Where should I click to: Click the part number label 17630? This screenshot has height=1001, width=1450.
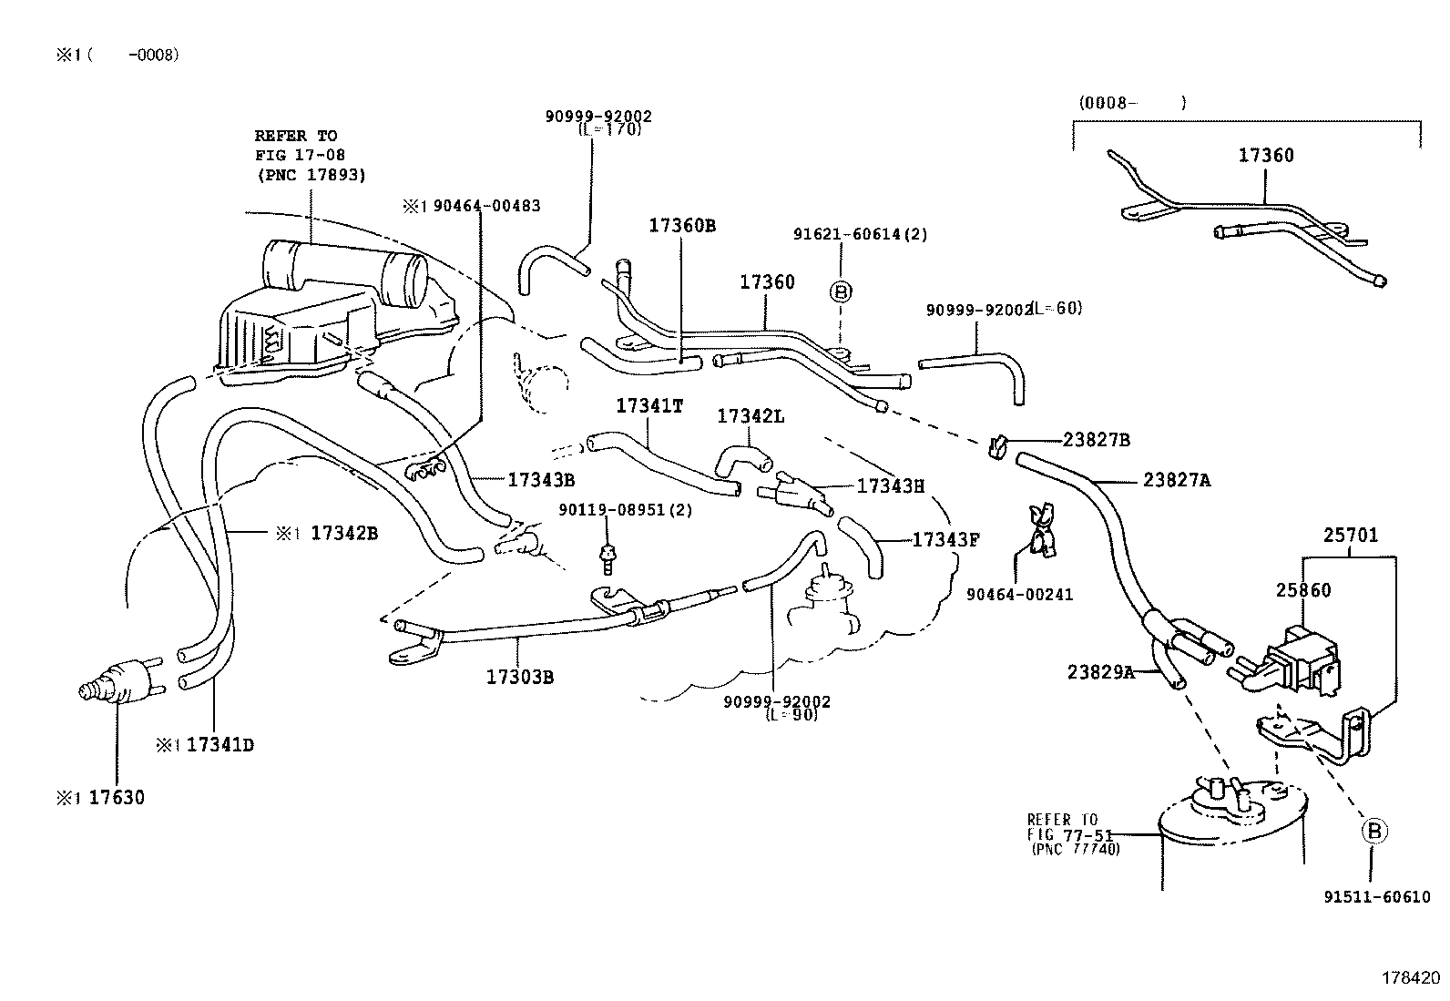click(x=116, y=798)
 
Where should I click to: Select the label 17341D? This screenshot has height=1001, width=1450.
click(x=220, y=745)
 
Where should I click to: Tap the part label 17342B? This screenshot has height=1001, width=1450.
click(x=343, y=533)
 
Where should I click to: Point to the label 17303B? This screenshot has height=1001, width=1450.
click(x=519, y=676)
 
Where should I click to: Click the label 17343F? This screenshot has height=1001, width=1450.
click(x=945, y=539)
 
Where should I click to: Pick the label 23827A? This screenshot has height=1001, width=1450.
click(x=1177, y=480)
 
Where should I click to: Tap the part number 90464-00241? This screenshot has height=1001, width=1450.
click(x=1019, y=595)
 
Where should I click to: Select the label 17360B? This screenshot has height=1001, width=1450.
click(x=681, y=225)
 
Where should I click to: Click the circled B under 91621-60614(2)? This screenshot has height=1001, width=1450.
click(x=841, y=291)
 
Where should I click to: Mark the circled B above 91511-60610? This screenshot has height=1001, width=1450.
click(x=1374, y=831)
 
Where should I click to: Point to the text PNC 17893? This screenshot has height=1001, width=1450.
click(x=312, y=175)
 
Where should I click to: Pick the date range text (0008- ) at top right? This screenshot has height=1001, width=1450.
click(x=1132, y=103)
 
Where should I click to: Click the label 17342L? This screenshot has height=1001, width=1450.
click(x=751, y=415)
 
